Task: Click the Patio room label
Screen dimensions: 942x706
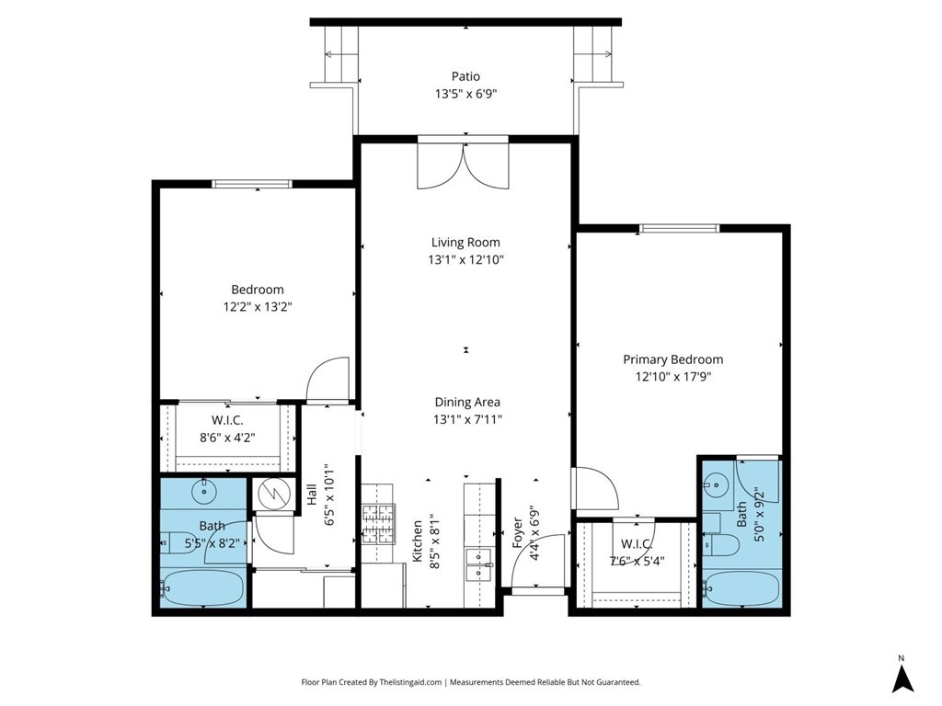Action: point(465,76)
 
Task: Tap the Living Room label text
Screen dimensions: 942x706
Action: point(465,243)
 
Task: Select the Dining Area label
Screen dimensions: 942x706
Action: point(467,403)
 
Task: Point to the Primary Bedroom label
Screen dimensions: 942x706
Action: point(672,359)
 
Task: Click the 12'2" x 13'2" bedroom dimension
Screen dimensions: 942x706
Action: point(258,307)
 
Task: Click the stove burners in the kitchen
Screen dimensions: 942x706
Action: point(376,524)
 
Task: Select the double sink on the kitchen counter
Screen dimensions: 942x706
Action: point(478,565)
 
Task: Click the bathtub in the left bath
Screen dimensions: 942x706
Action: point(202,587)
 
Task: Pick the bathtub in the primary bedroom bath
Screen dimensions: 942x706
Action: point(742,587)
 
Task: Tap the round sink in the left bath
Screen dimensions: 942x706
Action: point(205,492)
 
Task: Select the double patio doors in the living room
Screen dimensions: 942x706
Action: point(464,165)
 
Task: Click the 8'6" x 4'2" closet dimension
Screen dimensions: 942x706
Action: point(227,438)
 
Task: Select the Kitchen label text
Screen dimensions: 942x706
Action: point(417,541)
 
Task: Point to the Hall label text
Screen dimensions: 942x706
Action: point(312,495)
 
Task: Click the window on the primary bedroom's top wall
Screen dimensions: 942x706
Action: point(679,228)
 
